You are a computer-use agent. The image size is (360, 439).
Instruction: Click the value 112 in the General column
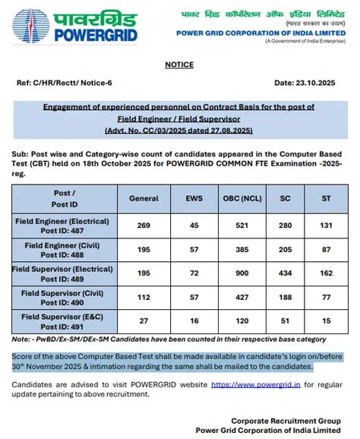coord(144,298)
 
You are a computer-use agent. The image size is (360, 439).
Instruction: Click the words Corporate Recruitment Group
coord(285,420)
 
